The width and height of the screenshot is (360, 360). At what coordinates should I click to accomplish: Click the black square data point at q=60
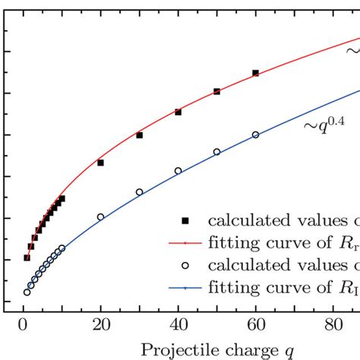(x=255, y=73)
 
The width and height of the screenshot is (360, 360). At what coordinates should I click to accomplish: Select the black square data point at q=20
(x=100, y=163)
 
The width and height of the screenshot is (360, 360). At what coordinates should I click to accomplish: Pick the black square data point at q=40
(x=178, y=112)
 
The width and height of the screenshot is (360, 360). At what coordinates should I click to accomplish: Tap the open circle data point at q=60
(x=255, y=134)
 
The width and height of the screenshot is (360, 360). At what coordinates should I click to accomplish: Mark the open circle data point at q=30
(x=139, y=192)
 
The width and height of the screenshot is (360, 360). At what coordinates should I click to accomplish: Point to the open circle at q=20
(x=100, y=217)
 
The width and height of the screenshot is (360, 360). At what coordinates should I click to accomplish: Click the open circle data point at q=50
(x=216, y=152)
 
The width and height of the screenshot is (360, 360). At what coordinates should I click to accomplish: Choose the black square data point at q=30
(x=139, y=135)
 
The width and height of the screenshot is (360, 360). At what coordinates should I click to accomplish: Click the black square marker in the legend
(x=185, y=221)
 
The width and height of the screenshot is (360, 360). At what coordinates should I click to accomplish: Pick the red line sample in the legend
(x=185, y=244)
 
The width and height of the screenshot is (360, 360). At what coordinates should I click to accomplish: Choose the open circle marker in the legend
(x=185, y=266)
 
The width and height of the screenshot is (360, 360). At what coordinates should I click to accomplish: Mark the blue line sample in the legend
(x=185, y=289)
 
